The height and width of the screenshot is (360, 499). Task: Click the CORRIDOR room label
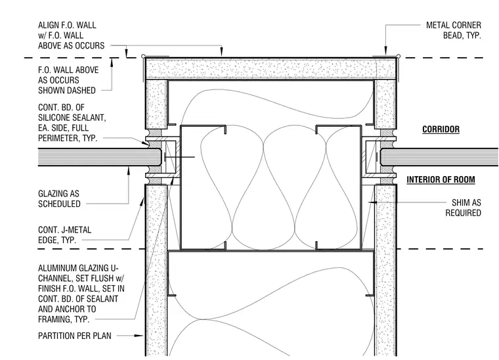tap(441, 129)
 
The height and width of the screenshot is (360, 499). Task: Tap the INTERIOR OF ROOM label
tap(441, 180)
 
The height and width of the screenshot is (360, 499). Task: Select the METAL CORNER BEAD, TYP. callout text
tap(454, 30)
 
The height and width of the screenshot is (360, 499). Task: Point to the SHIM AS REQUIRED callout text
tap(463, 208)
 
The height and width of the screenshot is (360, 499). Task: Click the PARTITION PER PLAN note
tap(75, 336)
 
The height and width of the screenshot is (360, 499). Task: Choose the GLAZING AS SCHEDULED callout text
tap(59, 199)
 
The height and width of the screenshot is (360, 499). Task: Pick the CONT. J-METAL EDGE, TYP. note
tap(64, 235)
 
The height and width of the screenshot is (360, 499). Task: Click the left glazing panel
tap(99, 157)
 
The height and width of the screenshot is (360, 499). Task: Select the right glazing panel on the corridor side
tap(439, 157)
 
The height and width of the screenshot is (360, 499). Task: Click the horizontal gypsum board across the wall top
tap(271, 68)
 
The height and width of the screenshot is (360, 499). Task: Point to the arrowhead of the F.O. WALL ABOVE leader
tap(112, 62)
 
